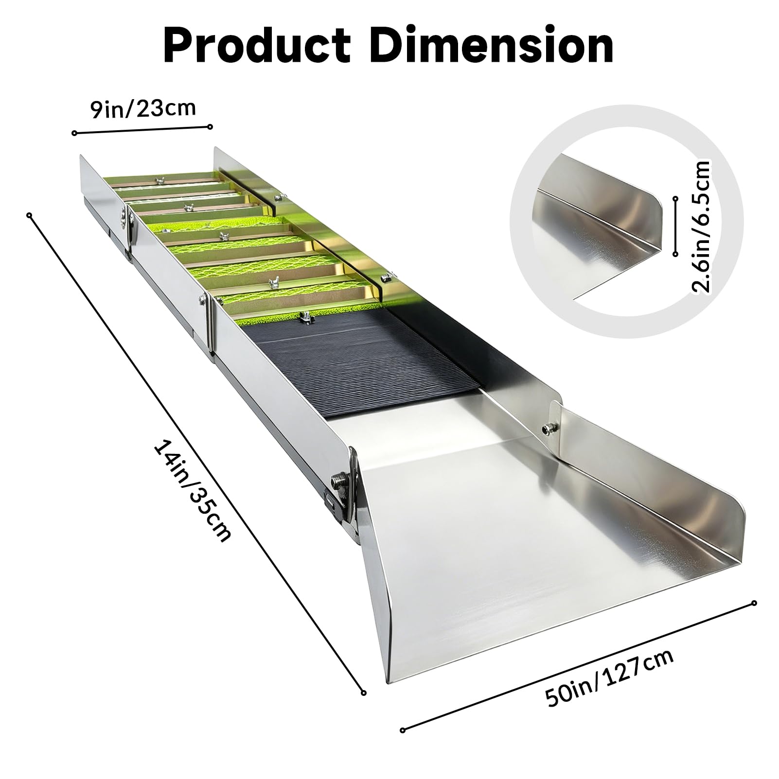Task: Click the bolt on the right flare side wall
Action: pyautogui.click(x=548, y=428)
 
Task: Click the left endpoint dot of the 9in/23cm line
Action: pyautogui.click(x=74, y=133)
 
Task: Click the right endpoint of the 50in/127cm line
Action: pyautogui.click(x=754, y=603)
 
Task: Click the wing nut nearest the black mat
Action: pyautogui.click(x=306, y=317)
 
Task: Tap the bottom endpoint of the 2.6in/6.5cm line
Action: pyautogui.click(x=675, y=254)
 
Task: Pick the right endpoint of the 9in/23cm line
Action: pyautogui.click(x=210, y=127)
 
